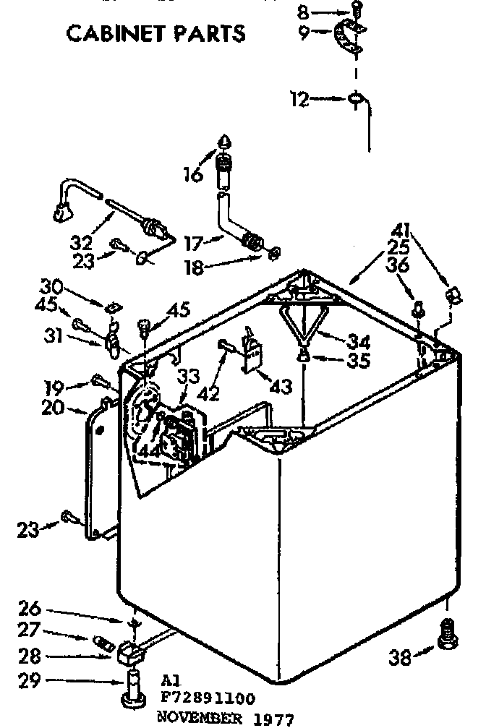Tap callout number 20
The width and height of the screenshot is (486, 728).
[x=53, y=408]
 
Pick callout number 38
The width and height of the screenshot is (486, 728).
[x=400, y=656]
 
